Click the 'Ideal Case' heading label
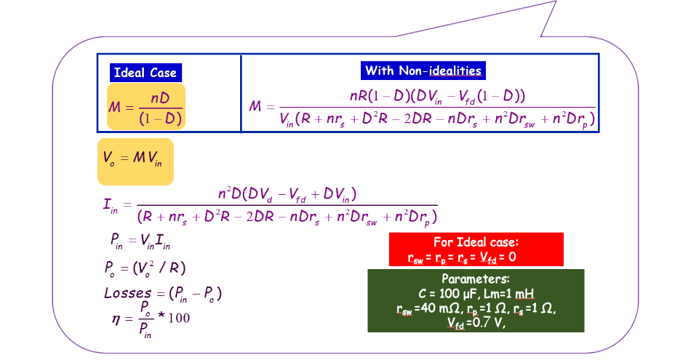click(145, 73)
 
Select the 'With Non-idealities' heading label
click(423, 71)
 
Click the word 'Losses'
click(127, 293)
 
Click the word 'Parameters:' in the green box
click(476, 279)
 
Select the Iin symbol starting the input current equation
click(111, 205)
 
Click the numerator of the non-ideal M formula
click(437, 96)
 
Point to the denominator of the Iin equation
click(287, 216)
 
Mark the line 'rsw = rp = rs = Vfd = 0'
click(463, 257)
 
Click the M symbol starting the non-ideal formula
click(255, 107)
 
